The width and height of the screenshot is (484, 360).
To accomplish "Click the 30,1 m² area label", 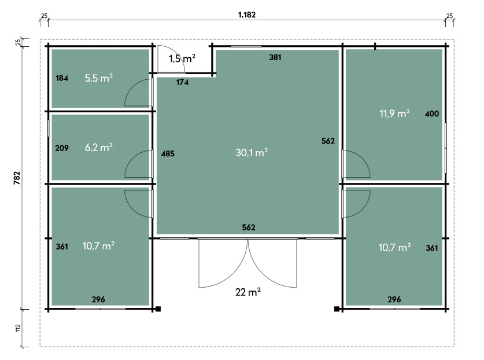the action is coord(252,152).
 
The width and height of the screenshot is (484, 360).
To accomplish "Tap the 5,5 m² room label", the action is coord(99,78).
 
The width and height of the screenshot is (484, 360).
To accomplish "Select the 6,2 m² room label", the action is coord(99,148).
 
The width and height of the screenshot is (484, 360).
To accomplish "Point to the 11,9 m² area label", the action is coord(394,113).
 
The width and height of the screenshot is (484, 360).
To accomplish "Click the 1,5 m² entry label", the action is coord(182,58).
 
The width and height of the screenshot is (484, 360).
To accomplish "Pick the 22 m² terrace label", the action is coord(248,292).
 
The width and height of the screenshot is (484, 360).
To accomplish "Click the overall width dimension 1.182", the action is coord(247,14).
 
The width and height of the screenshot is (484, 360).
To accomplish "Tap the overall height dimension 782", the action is coord(17,178).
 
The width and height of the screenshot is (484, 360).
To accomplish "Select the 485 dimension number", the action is coord(168,153).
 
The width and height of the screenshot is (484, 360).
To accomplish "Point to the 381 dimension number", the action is coord(275,57).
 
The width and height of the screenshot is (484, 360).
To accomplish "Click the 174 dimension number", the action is coord(182,82).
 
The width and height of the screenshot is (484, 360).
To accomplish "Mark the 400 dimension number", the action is coord(432,113).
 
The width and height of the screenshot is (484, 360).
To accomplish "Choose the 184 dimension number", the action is coord(62,78).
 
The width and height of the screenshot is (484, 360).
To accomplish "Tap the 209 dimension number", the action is coord(62,148).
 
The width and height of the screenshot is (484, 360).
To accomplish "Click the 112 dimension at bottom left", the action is coord(18,328).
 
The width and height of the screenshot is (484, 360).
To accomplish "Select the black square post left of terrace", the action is coord(158,308).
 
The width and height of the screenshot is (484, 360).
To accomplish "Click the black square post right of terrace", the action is coord(337,308).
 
